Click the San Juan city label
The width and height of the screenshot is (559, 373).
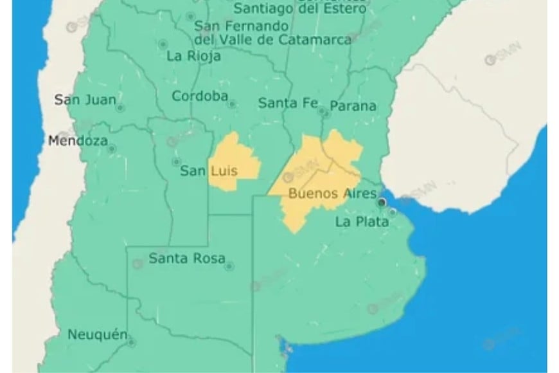85,100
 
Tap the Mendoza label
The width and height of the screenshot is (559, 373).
78,141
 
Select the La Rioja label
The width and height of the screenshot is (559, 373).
193,56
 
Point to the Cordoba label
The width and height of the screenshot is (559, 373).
200,96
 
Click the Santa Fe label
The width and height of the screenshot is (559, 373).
287,103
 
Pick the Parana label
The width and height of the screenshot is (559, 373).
353,106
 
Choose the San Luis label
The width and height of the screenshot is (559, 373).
208,171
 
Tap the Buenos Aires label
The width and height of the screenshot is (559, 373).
323,193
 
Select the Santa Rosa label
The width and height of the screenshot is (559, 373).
187,259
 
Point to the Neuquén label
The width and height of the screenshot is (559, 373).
96,334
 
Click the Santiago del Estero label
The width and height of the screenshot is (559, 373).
300,9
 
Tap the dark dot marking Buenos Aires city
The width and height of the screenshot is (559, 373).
382,202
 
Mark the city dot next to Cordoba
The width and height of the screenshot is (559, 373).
232,104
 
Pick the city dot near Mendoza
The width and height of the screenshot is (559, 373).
112,149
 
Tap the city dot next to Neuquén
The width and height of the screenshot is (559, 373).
131,343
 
